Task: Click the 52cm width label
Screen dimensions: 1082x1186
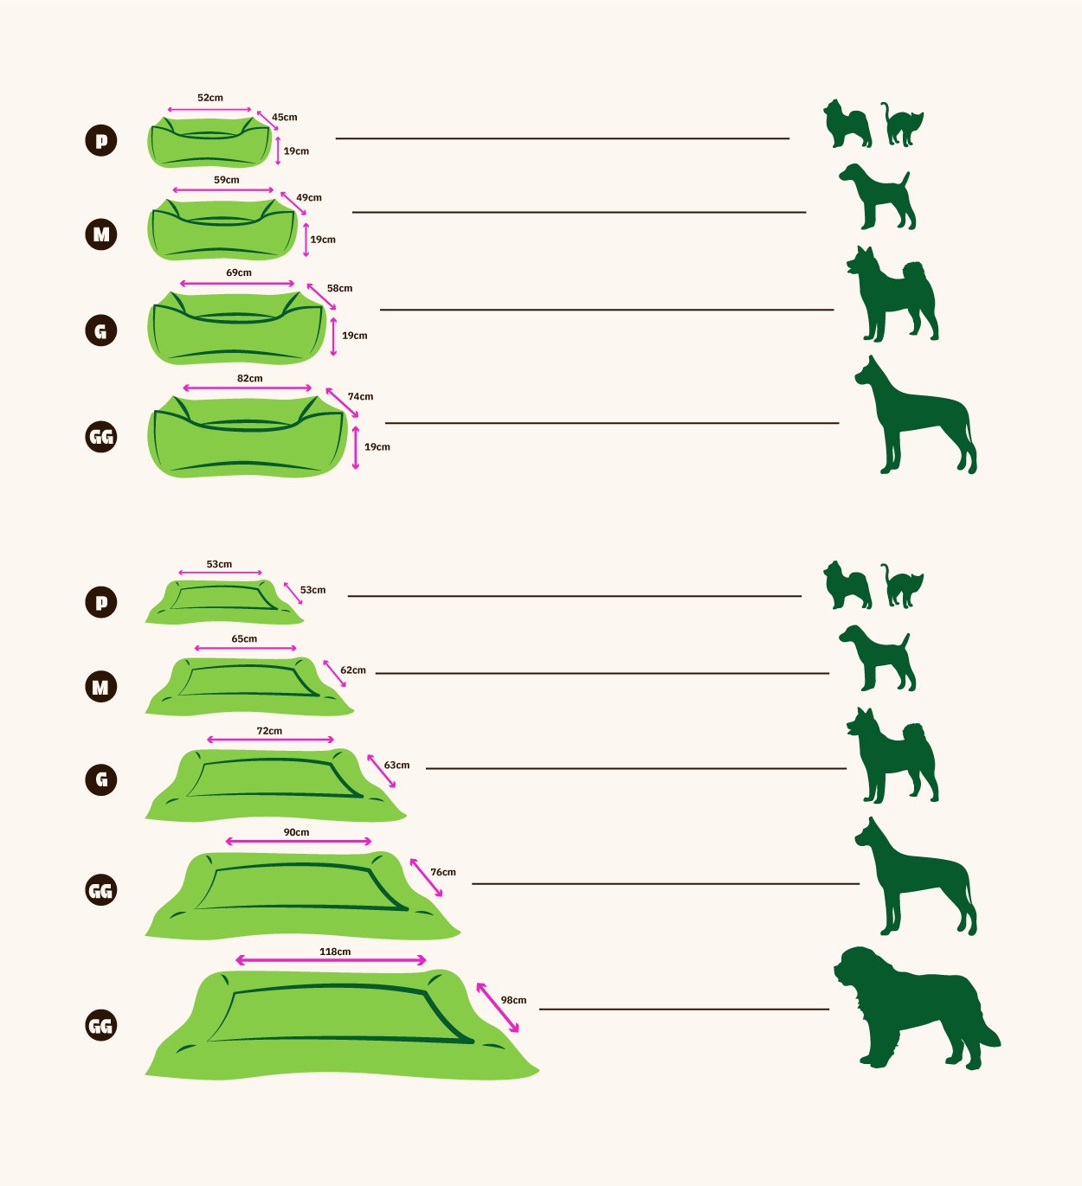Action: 210,98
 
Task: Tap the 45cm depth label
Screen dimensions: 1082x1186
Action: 285,117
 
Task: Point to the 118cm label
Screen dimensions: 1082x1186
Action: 335,952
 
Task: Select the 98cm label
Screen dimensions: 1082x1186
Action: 513,1000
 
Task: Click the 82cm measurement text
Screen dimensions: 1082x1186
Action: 249,378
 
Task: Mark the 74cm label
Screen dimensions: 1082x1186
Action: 360,396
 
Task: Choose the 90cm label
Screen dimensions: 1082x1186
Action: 296,832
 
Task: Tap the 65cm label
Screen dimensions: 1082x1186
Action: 244,638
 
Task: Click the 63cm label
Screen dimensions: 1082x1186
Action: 396,765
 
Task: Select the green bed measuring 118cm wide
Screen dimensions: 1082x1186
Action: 341,1026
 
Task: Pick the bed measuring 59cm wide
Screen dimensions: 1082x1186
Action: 222,229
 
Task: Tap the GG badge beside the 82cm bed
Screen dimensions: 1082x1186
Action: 101,437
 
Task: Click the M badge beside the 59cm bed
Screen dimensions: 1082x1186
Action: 101,234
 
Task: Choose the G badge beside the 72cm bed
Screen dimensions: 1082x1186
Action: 101,779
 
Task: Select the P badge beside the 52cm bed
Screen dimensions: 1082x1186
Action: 101,141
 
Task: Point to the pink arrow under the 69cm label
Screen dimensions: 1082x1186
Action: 236,284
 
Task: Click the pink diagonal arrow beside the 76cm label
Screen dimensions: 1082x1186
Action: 426,877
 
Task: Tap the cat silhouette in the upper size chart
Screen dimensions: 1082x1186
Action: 902,125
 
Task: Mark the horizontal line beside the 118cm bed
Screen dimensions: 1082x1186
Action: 684,1010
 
